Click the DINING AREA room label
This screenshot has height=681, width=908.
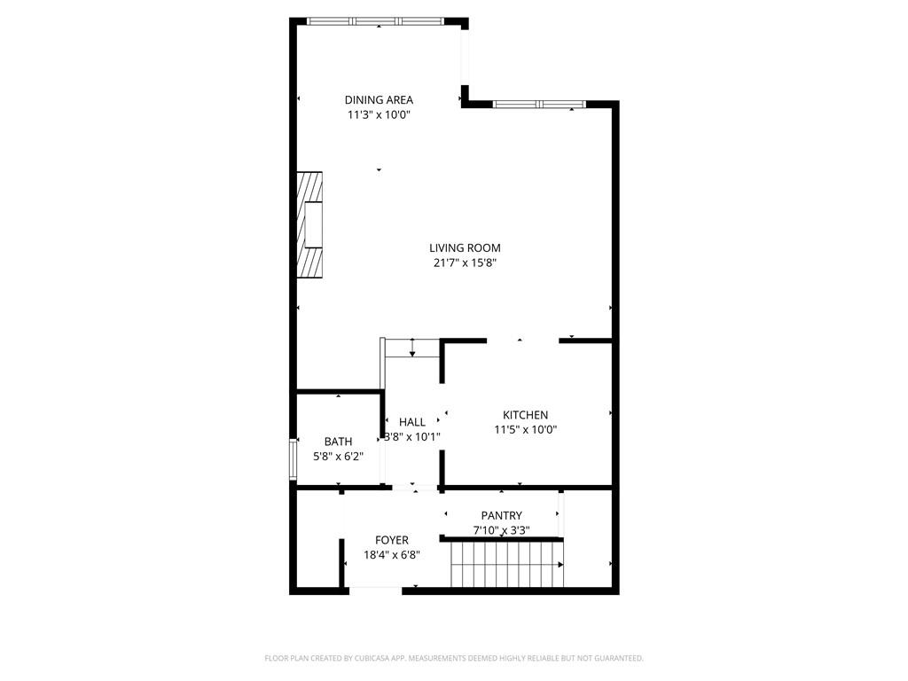click(379, 100)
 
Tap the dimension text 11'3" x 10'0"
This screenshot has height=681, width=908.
click(379, 114)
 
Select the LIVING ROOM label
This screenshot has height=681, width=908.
click(465, 248)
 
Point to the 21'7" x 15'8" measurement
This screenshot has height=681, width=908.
click(465, 262)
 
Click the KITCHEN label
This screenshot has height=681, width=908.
click(526, 415)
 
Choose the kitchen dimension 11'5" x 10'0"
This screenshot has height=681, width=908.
click(526, 430)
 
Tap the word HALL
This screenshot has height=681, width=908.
click(412, 422)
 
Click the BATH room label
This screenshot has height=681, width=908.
click(338, 442)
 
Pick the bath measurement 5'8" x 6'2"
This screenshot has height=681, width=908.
click(338, 457)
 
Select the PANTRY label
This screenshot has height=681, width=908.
click(502, 515)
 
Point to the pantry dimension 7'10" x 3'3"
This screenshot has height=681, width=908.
click(502, 530)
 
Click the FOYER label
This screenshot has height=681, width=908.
click(392, 540)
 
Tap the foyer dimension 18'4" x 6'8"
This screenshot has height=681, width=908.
click(392, 555)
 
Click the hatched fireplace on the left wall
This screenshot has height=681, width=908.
click(310, 224)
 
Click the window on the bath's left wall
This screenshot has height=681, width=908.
click(294, 458)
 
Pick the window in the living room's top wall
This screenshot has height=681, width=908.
click(539, 105)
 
